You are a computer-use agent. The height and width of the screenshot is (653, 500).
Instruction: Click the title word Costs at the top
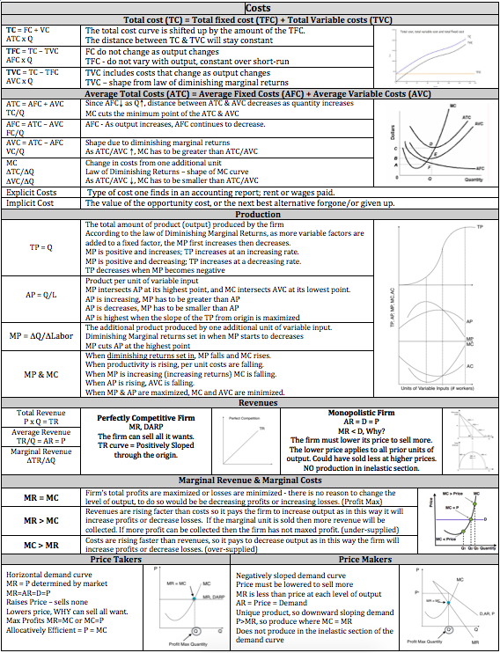click(250, 7)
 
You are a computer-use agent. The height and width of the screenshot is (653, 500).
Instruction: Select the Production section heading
click(250, 214)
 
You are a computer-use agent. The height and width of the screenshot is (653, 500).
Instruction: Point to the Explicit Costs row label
click(32, 192)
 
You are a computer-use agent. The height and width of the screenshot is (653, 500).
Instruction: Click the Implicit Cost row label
click(31, 203)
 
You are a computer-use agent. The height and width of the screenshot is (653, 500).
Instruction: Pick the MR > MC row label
click(41, 521)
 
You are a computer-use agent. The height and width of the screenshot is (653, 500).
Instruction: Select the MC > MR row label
click(41, 544)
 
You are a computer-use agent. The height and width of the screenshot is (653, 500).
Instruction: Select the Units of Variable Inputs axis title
click(437, 388)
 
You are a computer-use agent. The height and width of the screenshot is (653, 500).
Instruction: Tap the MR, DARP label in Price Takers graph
click(214, 598)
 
